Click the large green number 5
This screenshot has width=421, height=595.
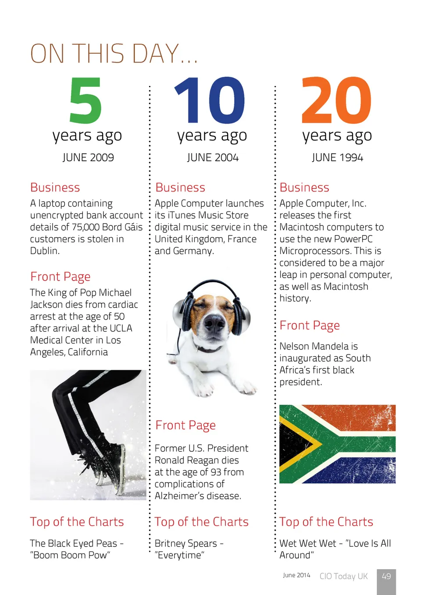pyautogui.click(x=86, y=100)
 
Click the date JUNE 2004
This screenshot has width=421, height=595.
pyautogui.click(x=213, y=157)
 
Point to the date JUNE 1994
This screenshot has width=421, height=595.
pyautogui.click(x=337, y=157)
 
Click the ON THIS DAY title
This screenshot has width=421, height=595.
pyautogui.click(x=114, y=53)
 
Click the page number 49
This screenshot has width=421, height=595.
pyautogui.click(x=386, y=576)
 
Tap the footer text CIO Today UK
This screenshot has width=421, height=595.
pyautogui.click(x=343, y=576)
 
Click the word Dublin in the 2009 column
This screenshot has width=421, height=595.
pyautogui.click(x=44, y=251)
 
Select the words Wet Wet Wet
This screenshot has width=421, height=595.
pyautogui.click(x=307, y=543)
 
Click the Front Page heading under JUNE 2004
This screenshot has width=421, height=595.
pyautogui.click(x=186, y=425)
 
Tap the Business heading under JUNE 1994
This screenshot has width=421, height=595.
pyautogui.click(x=304, y=188)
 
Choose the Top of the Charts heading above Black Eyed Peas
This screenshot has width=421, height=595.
pyautogui.click(x=77, y=522)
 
